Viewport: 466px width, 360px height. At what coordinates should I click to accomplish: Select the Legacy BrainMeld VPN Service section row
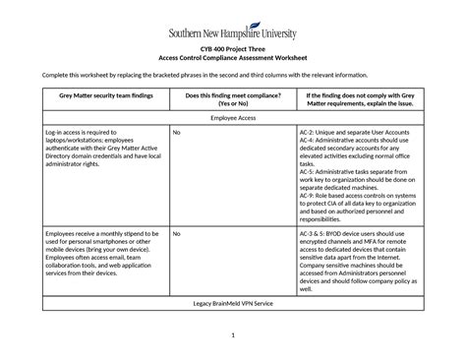point(233,276)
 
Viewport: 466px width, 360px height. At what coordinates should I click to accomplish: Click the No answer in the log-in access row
point(176,131)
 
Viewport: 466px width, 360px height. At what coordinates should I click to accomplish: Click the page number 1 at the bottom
point(233,336)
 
